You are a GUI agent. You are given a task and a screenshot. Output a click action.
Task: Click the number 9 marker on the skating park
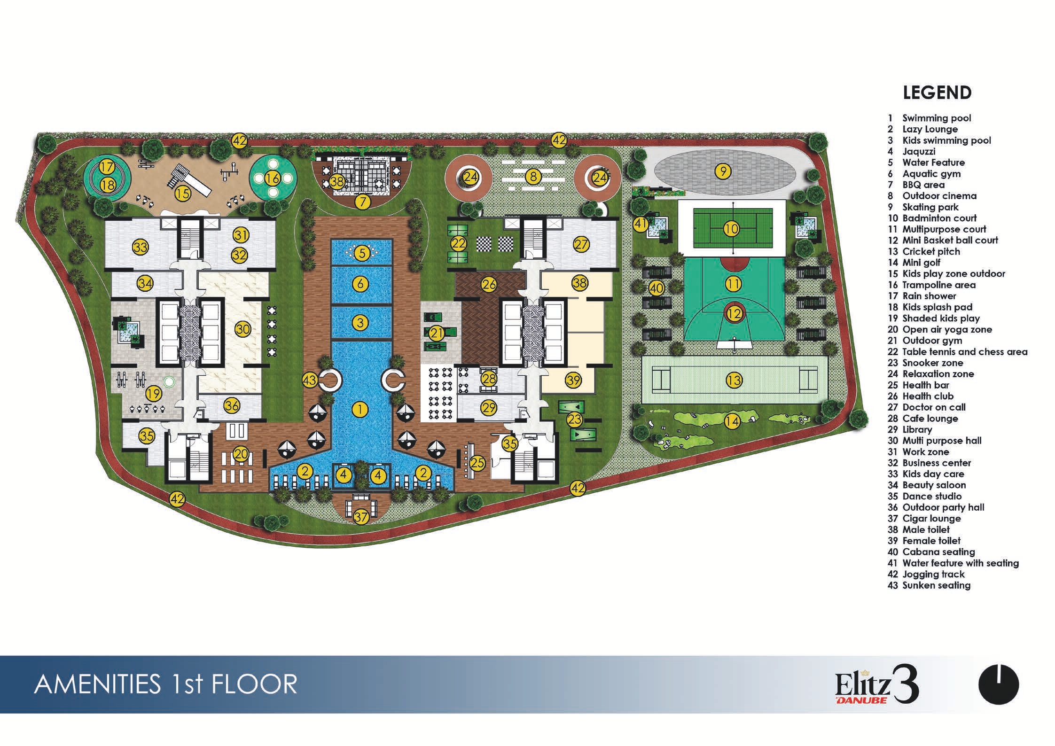723,171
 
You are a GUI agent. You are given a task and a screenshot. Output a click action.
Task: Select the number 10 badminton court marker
732,229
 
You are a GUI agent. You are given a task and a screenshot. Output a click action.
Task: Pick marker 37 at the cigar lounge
361,517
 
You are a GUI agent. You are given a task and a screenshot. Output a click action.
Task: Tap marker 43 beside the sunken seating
310,380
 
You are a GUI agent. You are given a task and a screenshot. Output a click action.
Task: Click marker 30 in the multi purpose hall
242,329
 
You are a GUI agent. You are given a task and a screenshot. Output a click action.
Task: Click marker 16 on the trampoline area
272,178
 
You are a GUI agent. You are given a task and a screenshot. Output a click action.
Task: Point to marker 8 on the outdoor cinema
532,177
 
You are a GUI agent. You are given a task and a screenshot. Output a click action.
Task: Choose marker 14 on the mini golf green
732,421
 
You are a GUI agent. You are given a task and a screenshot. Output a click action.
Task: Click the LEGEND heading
937,93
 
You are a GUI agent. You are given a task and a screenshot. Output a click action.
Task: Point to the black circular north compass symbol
999,684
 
